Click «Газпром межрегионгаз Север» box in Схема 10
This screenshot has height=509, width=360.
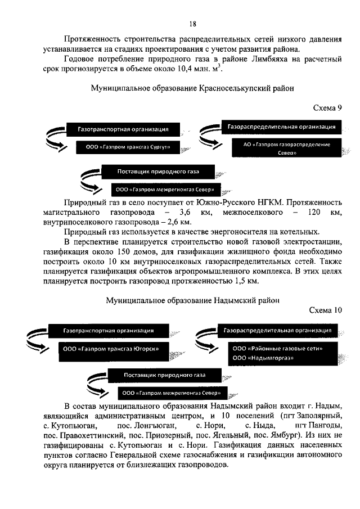pyautogui.click(x=174, y=393)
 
